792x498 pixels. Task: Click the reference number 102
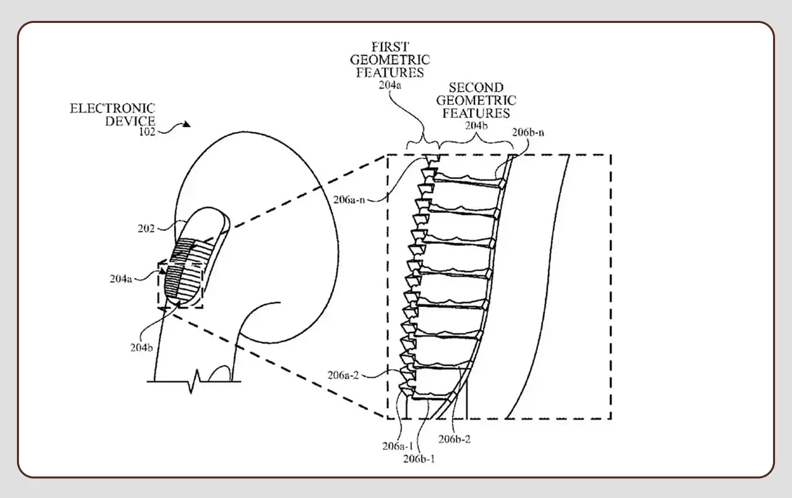pyautogui.click(x=147, y=132)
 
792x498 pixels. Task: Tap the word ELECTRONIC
pyautogui.click(x=112, y=109)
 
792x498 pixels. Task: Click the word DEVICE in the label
pyautogui.click(x=130, y=121)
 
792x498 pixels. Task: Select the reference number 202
pyautogui.click(x=146, y=229)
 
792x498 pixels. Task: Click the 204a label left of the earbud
pyautogui.click(x=121, y=279)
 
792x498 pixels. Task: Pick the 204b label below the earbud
pyautogui.click(x=142, y=348)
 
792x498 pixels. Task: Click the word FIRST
pyautogui.click(x=390, y=47)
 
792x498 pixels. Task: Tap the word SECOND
pyautogui.click(x=476, y=88)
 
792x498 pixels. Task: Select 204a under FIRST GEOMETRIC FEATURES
pyautogui.click(x=390, y=85)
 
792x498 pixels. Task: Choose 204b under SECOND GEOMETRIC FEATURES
pyautogui.click(x=476, y=126)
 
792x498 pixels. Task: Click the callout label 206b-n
pyautogui.click(x=528, y=132)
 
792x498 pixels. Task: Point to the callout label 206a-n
pyautogui.click(x=349, y=200)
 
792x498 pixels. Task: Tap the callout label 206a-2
pyautogui.click(x=343, y=375)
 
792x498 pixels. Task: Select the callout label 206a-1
pyautogui.click(x=397, y=446)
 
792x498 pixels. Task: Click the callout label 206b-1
pyautogui.click(x=419, y=459)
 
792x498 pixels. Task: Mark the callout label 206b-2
pyautogui.click(x=454, y=439)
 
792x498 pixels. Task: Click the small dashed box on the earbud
pyautogui.click(x=181, y=284)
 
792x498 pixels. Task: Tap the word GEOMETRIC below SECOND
pyautogui.click(x=476, y=100)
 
